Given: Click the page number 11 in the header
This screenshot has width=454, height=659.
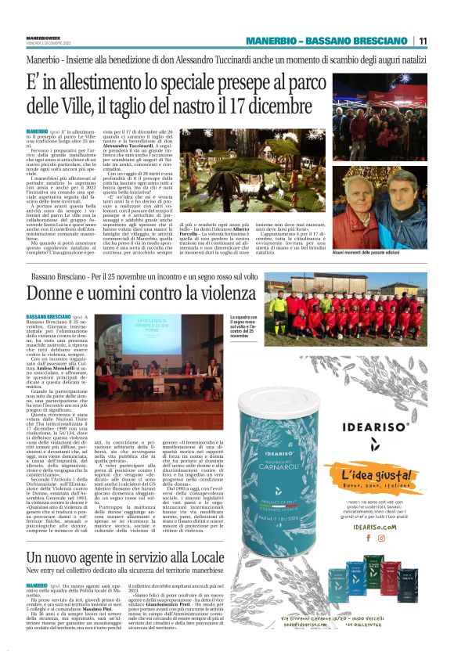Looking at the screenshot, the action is tap(422, 41).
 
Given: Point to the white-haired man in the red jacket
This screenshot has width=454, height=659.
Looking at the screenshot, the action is tap(352, 209).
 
